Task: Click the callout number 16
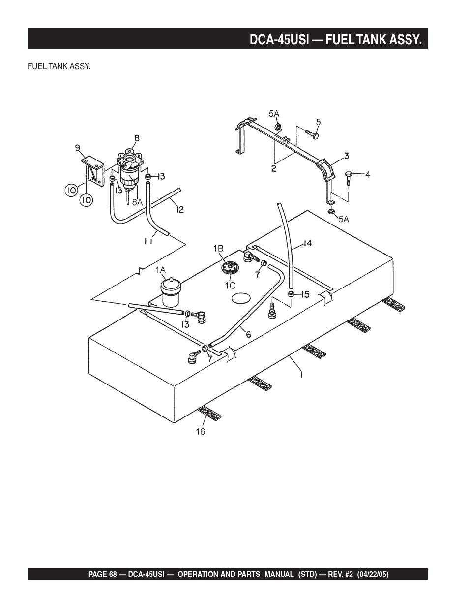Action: click(x=200, y=432)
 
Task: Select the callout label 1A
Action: click(x=161, y=269)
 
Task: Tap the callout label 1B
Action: click(x=218, y=249)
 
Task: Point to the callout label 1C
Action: click(x=230, y=285)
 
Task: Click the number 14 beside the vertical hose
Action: click(x=307, y=243)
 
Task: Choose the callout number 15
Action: click(x=305, y=294)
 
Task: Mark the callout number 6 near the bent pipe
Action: click(x=248, y=334)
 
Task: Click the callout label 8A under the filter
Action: click(x=137, y=201)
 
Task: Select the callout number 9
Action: click(x=77, y=146)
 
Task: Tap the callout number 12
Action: click(x=180, y=210)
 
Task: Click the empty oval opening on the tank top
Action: click(x=241, y=298)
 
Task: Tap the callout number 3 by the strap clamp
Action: click(x=346, y=156)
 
